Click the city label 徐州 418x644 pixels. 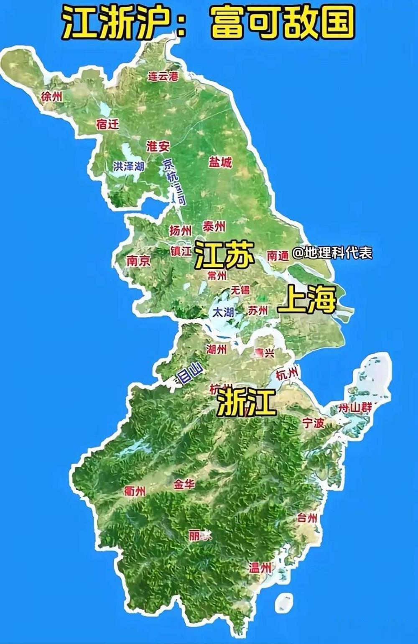pos(52,97)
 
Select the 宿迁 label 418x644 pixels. pos(107,124)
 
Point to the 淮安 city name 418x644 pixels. pos(158,146)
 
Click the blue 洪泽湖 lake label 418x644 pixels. pos(128,166)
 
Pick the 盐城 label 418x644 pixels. pos(220,162)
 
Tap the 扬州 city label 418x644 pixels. pos(181,230)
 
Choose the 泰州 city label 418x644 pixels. pos(214,227)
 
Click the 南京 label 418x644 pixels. pos(138,261)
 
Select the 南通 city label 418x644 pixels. pos(278,256)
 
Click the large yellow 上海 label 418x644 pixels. pos(307,300)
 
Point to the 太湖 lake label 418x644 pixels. pos(223,312)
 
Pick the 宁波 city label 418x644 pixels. pos(313,423)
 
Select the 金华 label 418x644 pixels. pos(184,485)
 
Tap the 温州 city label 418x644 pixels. pos(260,568)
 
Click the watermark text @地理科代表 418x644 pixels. pos(332,253)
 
